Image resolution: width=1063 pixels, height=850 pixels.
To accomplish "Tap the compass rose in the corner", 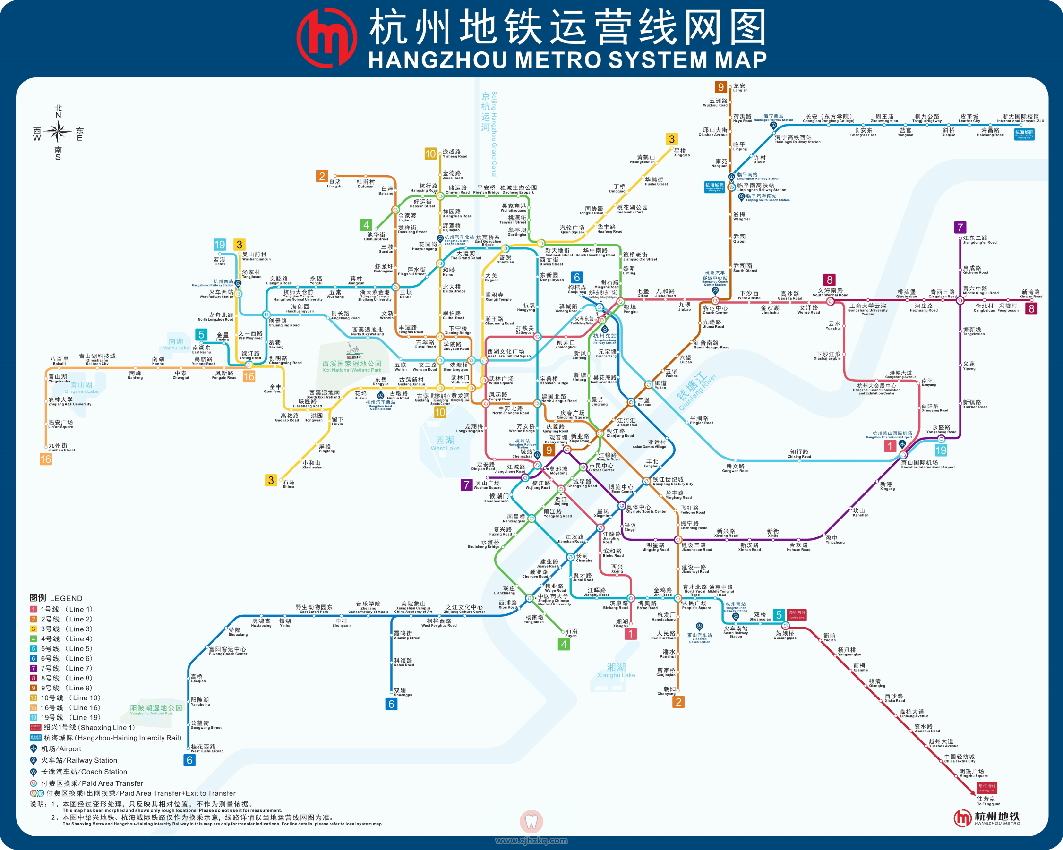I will (58, 132).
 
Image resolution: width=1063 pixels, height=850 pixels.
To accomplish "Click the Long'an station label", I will (739, 87).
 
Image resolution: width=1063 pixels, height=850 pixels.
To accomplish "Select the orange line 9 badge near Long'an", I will (721, 87).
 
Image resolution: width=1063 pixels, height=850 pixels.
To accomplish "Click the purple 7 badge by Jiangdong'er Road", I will (960, 227).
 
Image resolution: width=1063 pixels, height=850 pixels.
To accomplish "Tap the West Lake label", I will (445, 443).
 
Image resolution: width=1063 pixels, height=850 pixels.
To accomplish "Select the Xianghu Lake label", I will (616, 670).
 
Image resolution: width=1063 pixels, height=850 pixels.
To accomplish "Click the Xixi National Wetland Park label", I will (351, 366).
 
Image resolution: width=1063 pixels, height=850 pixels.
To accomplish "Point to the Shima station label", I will (289, 484).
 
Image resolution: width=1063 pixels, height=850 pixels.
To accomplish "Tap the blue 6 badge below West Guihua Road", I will (189, 760).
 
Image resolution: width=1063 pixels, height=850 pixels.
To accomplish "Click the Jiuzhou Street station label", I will (61, 447).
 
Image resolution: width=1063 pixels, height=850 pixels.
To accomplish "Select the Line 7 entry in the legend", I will (61, 668).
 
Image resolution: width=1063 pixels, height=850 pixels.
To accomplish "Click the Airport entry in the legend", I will (55, 748).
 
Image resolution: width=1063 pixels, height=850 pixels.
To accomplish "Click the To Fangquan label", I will (987, 801).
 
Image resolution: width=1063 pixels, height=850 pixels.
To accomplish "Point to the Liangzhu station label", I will (335, 183).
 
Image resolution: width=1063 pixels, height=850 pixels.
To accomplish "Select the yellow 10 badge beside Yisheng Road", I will (430, 154).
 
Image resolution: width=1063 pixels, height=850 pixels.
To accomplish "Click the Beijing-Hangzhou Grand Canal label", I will (489, 133).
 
